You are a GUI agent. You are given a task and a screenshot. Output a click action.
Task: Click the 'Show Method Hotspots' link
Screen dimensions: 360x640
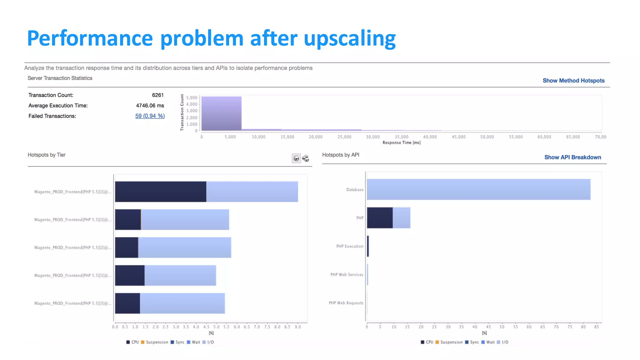(x=573, y=81)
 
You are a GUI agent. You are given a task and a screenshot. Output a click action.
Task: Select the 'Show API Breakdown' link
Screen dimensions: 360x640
(x=572, y=157)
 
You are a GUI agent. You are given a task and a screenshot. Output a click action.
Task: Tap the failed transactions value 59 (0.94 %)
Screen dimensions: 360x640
(x=150, y=116)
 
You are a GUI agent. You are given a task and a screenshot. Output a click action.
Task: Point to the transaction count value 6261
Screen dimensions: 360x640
(x=158, y=95)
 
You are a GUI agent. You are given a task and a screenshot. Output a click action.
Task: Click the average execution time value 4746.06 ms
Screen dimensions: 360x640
(x=150, y=106)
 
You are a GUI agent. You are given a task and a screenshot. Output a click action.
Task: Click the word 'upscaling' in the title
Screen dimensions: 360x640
(x=349, y=39)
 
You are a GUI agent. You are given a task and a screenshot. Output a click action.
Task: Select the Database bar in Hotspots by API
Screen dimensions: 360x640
(x=478, y=189)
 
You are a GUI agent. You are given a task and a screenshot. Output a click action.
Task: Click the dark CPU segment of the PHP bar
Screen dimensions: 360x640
(x=380, y=218)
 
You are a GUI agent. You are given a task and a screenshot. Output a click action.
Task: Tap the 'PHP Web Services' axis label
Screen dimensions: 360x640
(x=347, y=275)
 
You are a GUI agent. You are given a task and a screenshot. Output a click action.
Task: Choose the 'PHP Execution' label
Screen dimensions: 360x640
(x=350, y=246)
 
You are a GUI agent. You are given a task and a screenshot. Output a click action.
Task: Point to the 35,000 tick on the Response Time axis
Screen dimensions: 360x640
(x=401, y=137)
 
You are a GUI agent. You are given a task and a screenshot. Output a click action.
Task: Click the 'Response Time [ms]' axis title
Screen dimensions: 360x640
(x=401, y=143)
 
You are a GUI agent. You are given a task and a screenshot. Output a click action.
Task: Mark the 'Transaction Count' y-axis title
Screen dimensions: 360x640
(x=182, y=112)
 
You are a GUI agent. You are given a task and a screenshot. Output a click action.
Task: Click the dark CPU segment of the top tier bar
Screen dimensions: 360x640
(x=161, y=192)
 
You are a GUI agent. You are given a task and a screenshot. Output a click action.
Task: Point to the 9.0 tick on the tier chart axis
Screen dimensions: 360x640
(x=298, y=327)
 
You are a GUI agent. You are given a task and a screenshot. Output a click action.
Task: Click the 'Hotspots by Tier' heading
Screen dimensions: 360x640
(x=47, y=155)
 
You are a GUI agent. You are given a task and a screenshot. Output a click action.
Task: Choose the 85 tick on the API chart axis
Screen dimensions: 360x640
(x=597, y=327)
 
